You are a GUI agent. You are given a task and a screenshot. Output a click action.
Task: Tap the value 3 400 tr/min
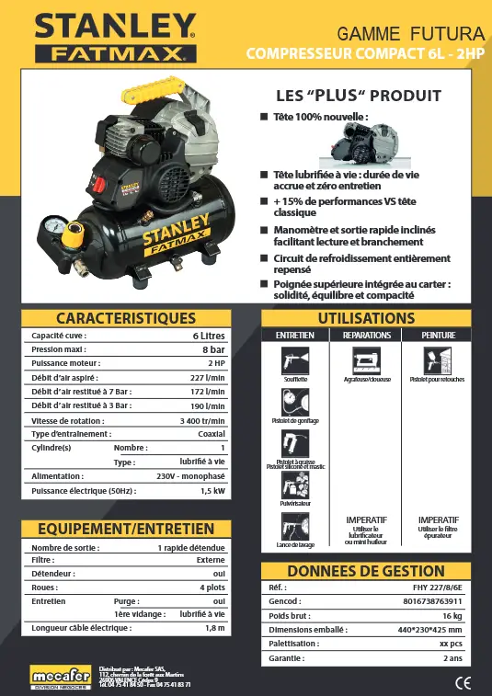(x=202, y=420)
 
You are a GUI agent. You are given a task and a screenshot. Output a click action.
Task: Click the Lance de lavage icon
(x=295, y=527)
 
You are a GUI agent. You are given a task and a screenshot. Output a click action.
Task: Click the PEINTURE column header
(x=437, y=336)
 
